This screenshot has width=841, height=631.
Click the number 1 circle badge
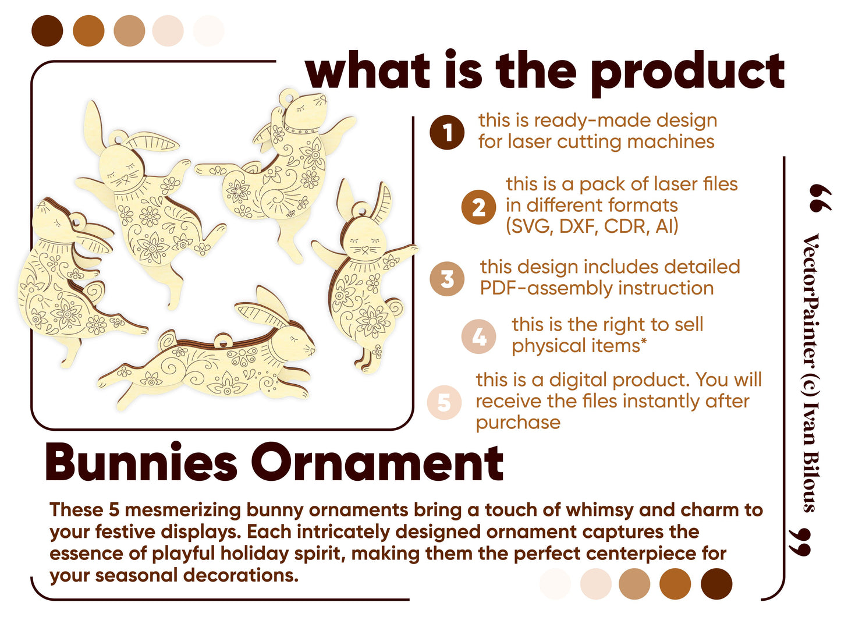point(446,132)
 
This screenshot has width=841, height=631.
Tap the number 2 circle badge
point(478,207)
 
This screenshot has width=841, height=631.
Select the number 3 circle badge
point(446,278)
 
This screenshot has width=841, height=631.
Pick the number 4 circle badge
point(478,336)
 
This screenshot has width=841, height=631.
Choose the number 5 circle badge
point(443,402)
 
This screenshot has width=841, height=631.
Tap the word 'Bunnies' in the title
point(141,462)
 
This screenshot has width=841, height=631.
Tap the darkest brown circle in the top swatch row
point(47,31)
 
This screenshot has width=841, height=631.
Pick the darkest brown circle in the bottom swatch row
point(716,583)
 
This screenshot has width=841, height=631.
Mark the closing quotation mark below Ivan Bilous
point(800,542)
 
